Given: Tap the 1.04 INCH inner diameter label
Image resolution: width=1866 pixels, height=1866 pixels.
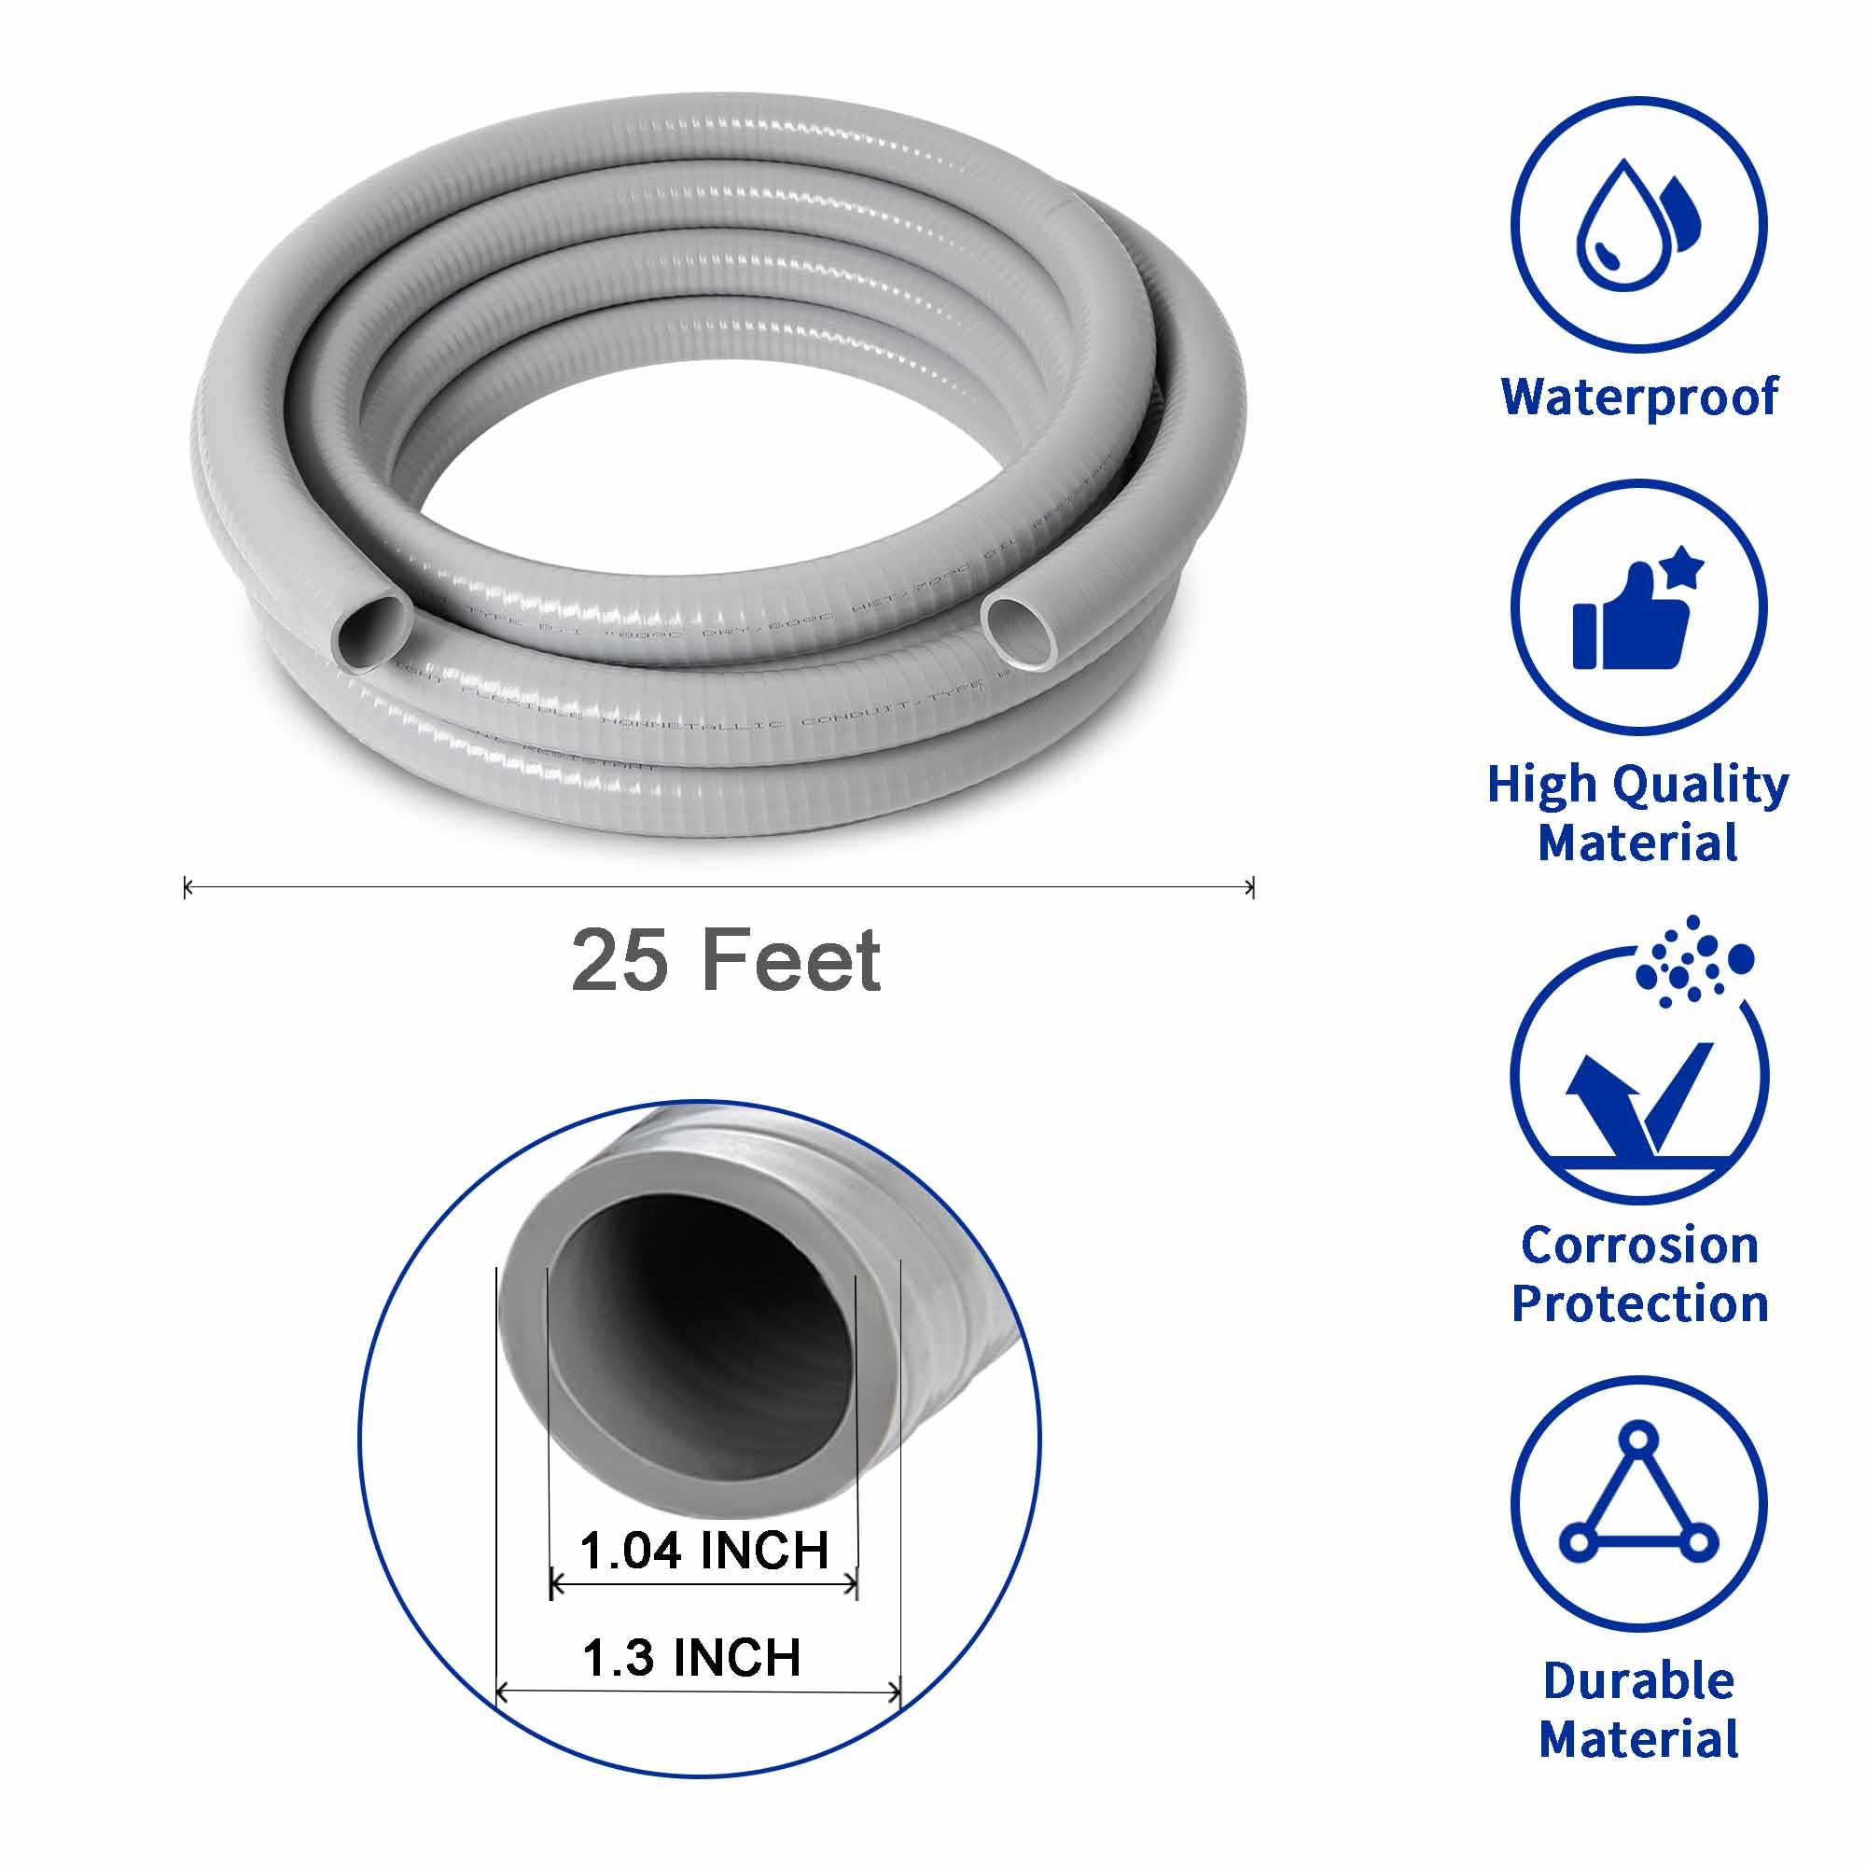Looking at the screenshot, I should coord(704,1552).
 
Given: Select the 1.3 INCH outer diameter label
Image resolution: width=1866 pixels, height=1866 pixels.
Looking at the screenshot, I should coord(691,1657).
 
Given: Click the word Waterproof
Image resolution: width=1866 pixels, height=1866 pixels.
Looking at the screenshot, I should coord(1639,396).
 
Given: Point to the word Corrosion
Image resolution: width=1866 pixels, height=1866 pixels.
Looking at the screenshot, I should coord(1639,1245).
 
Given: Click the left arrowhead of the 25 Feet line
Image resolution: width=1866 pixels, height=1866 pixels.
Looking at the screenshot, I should coord(188,886).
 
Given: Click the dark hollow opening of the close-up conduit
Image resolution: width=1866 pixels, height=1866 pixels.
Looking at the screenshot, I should coord(703,1343).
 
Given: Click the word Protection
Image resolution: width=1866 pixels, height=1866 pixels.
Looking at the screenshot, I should coord(1639,1304).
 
